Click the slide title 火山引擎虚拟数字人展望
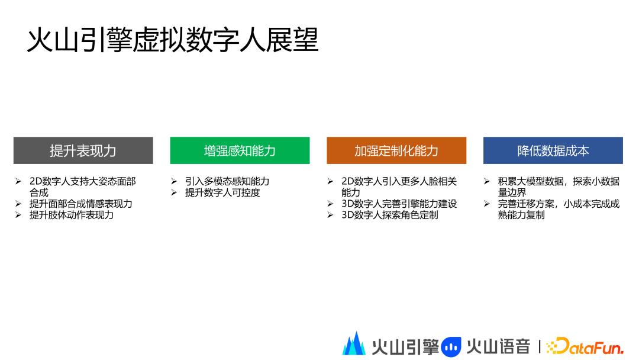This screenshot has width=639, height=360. [172, 40]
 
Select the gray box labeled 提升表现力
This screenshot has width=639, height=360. [83, 150]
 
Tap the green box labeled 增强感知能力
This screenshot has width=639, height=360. [240, 150]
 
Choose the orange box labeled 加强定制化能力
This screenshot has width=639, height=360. [396, 150]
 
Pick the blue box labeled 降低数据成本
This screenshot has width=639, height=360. [553, 150]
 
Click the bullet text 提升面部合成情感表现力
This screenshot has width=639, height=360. [80, 204]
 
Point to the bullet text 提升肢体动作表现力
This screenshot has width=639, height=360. [72, 215]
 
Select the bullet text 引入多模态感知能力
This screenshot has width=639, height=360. [227, 181]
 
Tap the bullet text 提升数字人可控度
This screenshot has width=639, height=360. [222, 192]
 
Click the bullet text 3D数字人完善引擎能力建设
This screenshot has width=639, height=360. [399, 204]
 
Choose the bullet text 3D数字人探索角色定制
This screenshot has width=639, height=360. [389, 215]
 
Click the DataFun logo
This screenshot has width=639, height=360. [585, 346]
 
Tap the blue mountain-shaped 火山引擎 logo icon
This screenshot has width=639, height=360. [354, 343]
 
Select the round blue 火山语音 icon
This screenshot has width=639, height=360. [451, 347]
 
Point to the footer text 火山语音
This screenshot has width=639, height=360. [498, 347]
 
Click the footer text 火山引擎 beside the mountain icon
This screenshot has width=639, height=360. [405, 347]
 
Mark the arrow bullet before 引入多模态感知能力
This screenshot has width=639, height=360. [174, 181]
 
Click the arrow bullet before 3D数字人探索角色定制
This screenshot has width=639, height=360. [330, 215]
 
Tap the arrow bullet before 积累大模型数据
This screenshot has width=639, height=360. [486, 181]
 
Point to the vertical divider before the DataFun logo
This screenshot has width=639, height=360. [540, 347]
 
